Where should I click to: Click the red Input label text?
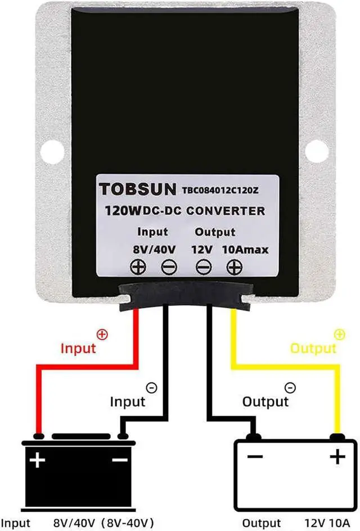[x=78, y=348]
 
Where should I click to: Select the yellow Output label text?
[x=313, y=348]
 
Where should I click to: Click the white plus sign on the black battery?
[x=37, y=461]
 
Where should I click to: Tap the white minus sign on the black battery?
[x=120, y=460]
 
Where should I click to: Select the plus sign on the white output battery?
[x=337, y=457]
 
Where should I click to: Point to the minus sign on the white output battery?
[x=254, y=457]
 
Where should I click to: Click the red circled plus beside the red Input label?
[x=102, y=334]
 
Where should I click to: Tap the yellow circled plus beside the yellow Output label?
[x=339, y=334]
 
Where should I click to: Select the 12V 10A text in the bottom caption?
[x=324, y=523]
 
